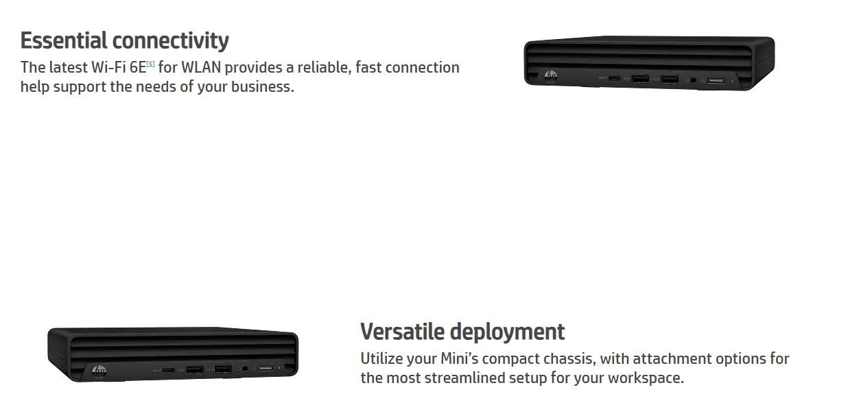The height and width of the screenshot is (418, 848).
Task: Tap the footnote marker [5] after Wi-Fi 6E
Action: tap(151, 64)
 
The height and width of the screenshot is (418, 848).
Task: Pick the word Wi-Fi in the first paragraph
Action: tap(108, 68)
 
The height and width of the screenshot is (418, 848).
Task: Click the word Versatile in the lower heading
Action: tap(402, 332)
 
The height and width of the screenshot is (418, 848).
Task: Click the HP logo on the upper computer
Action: tap(550, 75)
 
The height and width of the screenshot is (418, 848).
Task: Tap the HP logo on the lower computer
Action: tap(99, 372)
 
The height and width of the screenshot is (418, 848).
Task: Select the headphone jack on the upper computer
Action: tap(692, 80)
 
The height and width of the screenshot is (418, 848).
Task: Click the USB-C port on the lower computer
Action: tap(169, 370)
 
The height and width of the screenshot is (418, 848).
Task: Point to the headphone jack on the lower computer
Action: tap(245, 370)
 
